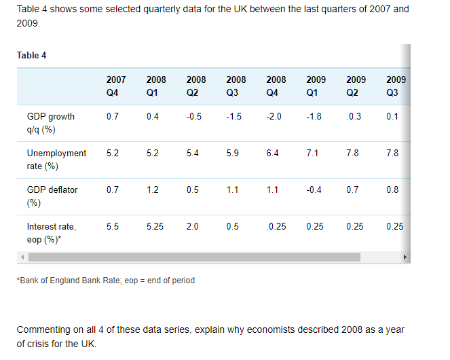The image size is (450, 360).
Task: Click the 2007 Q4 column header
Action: pos(116,86)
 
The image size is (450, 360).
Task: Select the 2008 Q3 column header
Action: pos(236,86)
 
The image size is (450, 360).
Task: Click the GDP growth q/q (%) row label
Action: pos(50,123)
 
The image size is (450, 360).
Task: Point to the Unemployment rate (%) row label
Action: pos(56,160)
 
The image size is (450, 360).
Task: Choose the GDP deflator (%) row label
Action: pos(52,196)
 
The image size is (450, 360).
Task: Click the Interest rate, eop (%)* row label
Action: pos(51,233)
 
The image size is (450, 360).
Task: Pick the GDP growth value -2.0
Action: pos(274,116)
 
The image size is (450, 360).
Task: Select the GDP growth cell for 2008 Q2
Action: pos(193,116)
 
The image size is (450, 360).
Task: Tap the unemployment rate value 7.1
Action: pos(312,153)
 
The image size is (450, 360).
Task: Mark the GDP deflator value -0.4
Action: pos(314,190)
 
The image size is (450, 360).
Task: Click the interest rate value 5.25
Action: pos(155,226)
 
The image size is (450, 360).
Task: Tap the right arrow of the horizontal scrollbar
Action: pos(406,257)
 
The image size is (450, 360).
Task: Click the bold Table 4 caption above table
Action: pos(32,55)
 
